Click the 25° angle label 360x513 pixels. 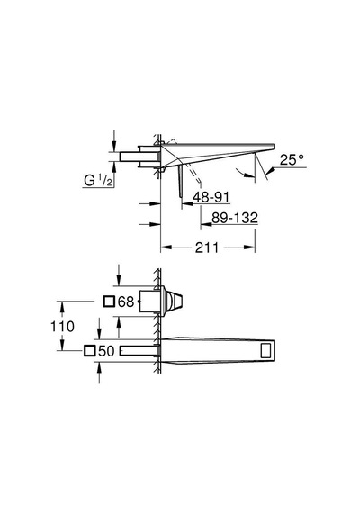[292, 159]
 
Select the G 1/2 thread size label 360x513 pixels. [98, 180]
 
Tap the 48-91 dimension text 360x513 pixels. [211, 197]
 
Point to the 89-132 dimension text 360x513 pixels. [235, 218]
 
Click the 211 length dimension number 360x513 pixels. [207, 247]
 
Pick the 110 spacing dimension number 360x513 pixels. [62, 326]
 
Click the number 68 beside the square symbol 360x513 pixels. [126, 301]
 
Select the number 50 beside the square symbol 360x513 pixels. [106, 351]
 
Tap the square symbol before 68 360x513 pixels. [109, 301]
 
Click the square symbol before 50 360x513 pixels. [89, 351]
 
